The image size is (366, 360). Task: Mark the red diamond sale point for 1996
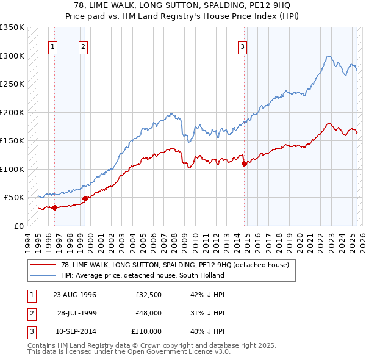(54, 207)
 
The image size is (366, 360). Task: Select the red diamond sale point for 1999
(84, 198)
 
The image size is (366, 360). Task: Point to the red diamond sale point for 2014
(244, 164)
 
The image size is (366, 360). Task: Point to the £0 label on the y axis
(18, 226)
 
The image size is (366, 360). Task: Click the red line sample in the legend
(43, 265)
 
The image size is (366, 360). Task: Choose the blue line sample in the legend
(43, 275)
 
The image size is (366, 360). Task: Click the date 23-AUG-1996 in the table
(74, 295)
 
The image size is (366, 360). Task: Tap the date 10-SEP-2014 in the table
(74, 331)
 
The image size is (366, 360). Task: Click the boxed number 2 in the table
(30, 313)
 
